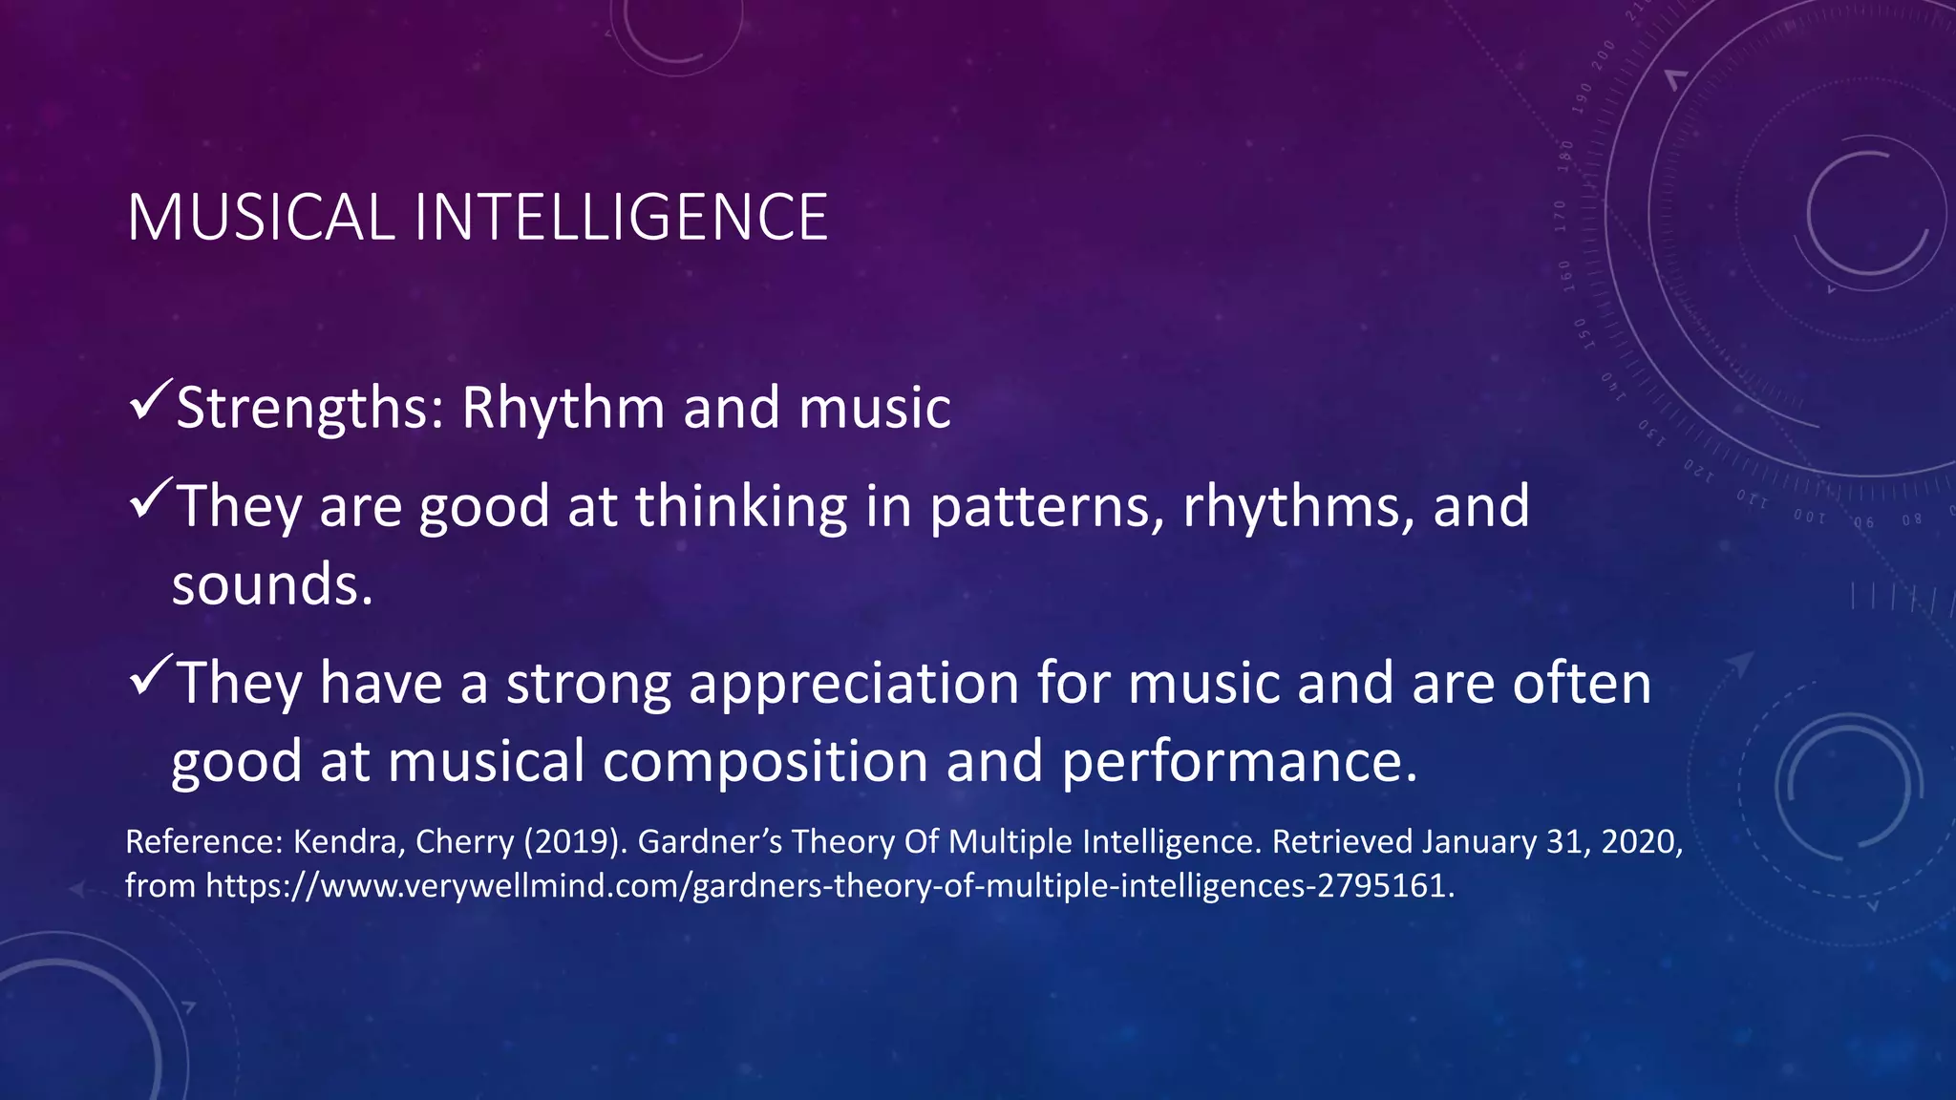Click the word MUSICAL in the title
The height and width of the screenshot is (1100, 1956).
[x=260, y=218]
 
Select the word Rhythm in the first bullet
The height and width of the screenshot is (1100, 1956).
[x=563, y=409]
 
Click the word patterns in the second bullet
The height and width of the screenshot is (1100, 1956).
[x=1047, y=507]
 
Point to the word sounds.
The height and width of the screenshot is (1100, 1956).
[x=271, y=584]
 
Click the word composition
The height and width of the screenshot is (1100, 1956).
[x=765, y=762]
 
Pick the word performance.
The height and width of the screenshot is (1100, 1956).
[x=1239, y=762]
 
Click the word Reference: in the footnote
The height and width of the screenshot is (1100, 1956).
[x=204, y=842]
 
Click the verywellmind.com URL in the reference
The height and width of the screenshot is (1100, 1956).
[x=829, y=886]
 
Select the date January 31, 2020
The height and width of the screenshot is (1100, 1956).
[x=1551, y=842]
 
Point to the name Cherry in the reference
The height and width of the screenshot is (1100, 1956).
[x=465, y=842]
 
